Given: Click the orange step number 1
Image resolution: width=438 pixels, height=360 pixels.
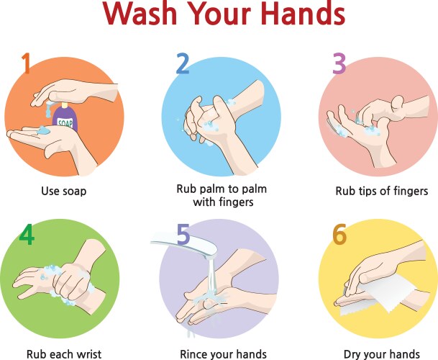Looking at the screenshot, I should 26,64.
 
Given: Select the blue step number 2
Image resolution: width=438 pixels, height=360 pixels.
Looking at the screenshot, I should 183,64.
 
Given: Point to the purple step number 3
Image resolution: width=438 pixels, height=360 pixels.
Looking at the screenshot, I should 339,64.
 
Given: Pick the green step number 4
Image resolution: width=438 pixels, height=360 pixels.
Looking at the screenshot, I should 26,235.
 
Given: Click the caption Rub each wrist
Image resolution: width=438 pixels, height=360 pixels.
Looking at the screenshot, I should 63,354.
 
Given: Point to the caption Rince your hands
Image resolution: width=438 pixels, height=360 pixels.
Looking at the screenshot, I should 223,354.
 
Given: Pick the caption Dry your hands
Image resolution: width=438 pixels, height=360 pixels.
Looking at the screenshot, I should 381,354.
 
